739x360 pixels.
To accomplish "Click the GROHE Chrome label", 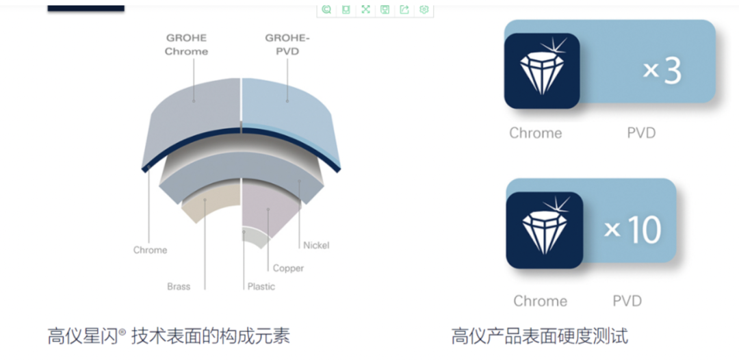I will click(x=186, y=44).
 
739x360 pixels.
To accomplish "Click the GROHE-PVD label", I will click(x=287, y=44).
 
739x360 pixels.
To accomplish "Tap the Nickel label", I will click(x=316, y=245).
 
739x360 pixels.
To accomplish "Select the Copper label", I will click(x=288, y=268).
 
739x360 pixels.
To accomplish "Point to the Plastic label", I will click(x=261, y=286).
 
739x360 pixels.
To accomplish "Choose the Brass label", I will click(x=179, y=286).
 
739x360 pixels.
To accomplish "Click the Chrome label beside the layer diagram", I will click(x=150, y=250).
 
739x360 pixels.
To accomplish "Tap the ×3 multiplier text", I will click(x=662, y=70).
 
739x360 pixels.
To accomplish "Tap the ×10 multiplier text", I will click(x=633, y=229).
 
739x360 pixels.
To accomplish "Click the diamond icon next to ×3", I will click(x=542, y=71).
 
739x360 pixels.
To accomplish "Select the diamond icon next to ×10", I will click(x=544, y=230).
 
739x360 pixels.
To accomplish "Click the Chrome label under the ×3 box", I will click(x=535, y=133).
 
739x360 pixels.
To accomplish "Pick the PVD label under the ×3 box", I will click(x=641, y=133).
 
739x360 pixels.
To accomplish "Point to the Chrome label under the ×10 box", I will click(x=540, y=301).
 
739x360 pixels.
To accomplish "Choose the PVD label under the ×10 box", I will click(x=627, y=301).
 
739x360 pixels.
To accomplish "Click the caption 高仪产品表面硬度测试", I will click(x=539, y=336).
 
